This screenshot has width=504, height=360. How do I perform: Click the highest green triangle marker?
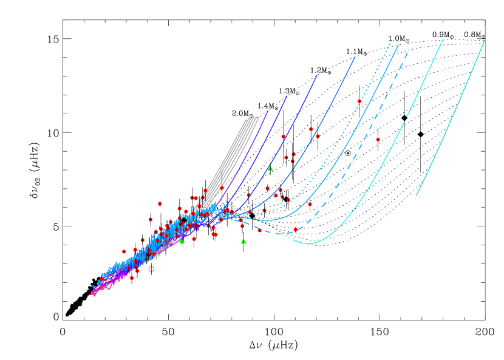pyautogui.click(x=270, y=168)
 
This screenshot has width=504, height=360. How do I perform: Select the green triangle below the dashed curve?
pyautogui.click(x=243, y=242)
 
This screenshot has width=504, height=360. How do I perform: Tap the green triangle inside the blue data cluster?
pyautogui.click(x=182, y=241)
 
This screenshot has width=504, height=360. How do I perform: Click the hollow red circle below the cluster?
pyautogui.click(x=151, y=269)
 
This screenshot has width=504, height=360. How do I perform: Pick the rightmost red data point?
pyautogui.click(x=378, y=140)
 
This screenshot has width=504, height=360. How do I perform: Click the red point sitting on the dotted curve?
pyautogui.click(x=359, y=101)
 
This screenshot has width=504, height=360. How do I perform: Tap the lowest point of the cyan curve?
pyautogui.click(x=310, y=243)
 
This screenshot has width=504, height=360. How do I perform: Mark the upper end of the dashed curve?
pyautogui.click(x=407, y=53)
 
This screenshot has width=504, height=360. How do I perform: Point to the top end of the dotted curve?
pyautogui.click(x=392, y=41)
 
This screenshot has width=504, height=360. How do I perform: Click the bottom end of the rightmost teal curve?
pyautogui.click(x=417, y=195)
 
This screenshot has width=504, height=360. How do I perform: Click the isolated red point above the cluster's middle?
pyautogui.click(x=160, y=204)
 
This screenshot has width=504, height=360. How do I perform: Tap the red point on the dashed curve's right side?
pyautogui.click(x=296, y=230)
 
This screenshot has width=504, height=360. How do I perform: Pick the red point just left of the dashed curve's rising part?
pyautogui.click(x=310, y=204)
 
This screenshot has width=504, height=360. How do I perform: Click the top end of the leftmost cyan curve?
pyautogui.click(x=442, y=41)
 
